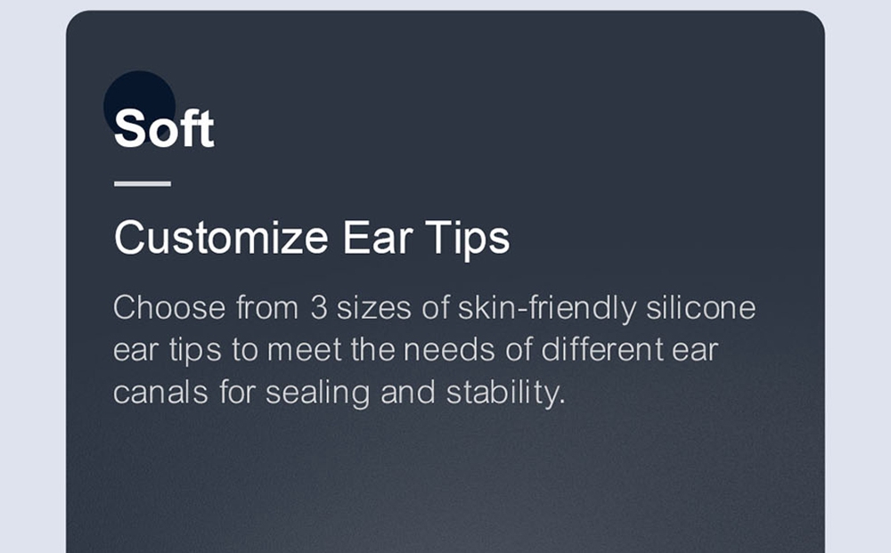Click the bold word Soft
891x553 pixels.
164,128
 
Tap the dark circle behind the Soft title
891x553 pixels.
139,106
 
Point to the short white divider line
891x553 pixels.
142,183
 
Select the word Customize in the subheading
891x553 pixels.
221,238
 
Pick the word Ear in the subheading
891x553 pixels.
377,238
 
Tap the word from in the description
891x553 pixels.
267,308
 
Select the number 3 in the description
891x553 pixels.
319,308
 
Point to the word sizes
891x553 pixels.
374,308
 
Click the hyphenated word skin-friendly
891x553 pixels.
547,309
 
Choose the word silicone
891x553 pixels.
701,307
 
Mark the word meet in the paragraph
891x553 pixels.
305,350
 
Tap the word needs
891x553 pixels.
449,349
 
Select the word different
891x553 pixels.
602,349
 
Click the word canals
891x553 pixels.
160,392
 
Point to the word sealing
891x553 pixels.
318,393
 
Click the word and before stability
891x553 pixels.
408,392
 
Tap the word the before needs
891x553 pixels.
372,349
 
